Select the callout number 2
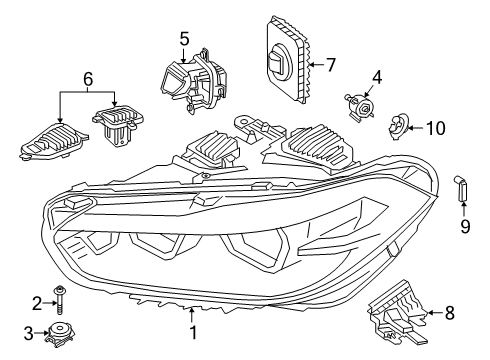coord(35,303)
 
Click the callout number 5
coord(183,39)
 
